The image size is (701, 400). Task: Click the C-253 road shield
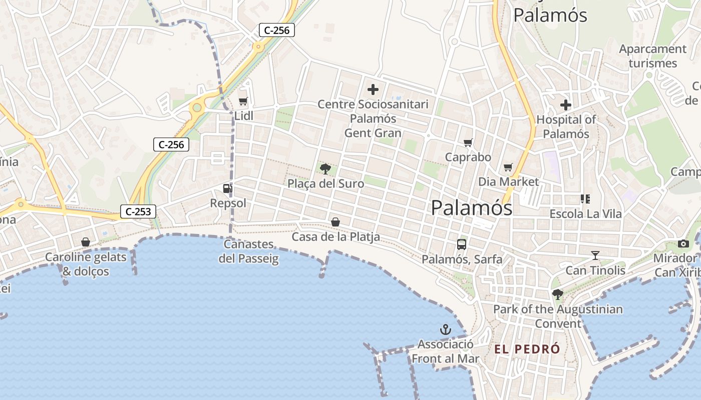click(x=138, y=211)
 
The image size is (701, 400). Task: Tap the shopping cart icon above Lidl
click(x=243, y=101)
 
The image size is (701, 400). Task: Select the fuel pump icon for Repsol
click(x=228, y=188)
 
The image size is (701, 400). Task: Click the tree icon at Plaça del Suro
click(x=325, y=168)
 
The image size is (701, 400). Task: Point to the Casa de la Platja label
click(x=335, y=236)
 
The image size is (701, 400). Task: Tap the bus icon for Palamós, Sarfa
click(x=462, y=244)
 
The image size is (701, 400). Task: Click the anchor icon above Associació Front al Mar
click(x=445, y=329)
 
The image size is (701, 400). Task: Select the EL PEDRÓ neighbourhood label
click(x=527, y=349)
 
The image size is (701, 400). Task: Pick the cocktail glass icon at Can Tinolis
click(x=595, y=255)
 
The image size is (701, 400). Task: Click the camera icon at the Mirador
click(x=683, y=243)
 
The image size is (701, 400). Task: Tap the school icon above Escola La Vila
click(x=585, y=199)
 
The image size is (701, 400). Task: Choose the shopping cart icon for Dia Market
click(x=508, y=167)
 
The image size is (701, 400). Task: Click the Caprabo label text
click(x=468, y=157)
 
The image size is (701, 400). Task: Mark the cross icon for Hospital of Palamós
click(x=566, y=105)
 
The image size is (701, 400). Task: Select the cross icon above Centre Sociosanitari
click(x=373, y=90)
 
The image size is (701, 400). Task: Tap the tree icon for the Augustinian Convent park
click(x=557, y=294)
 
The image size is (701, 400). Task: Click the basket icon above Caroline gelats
click(x=86, y=242)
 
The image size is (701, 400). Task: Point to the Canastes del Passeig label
click(x=249, y=251)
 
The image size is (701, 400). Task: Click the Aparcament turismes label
click(x=652, y=56)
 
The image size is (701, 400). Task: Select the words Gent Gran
click(x=373, y=132)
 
